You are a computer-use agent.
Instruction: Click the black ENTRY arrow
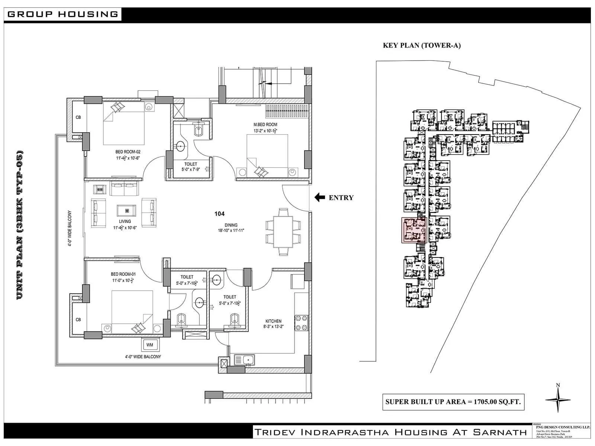pos(319,197)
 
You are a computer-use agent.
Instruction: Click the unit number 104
pos(219,214)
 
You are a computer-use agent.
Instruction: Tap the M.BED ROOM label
pos(265,125)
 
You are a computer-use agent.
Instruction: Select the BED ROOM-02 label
pos(128,152)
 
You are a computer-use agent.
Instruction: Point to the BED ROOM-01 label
pos(123,274)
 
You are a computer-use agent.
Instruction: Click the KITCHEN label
pos(273,321)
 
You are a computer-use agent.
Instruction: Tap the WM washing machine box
pos(149,345)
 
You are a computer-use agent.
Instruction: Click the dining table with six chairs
pos(283,232)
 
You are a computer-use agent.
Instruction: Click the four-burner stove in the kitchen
pos(301,322)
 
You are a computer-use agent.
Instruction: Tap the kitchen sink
pos(244,360)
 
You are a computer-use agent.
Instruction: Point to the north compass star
pos(558,400)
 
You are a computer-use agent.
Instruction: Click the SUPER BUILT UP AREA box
pos(453,402)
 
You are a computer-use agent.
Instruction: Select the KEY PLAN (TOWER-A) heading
pos(422,46)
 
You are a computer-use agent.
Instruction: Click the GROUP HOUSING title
pos(62,14)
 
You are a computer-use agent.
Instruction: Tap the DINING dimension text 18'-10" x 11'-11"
pos(231,230)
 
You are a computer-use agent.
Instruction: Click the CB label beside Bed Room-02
pos(78,117)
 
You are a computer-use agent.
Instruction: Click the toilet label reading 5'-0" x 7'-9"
pos(191,169)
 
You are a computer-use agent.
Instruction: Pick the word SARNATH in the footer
pos(500,432)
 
